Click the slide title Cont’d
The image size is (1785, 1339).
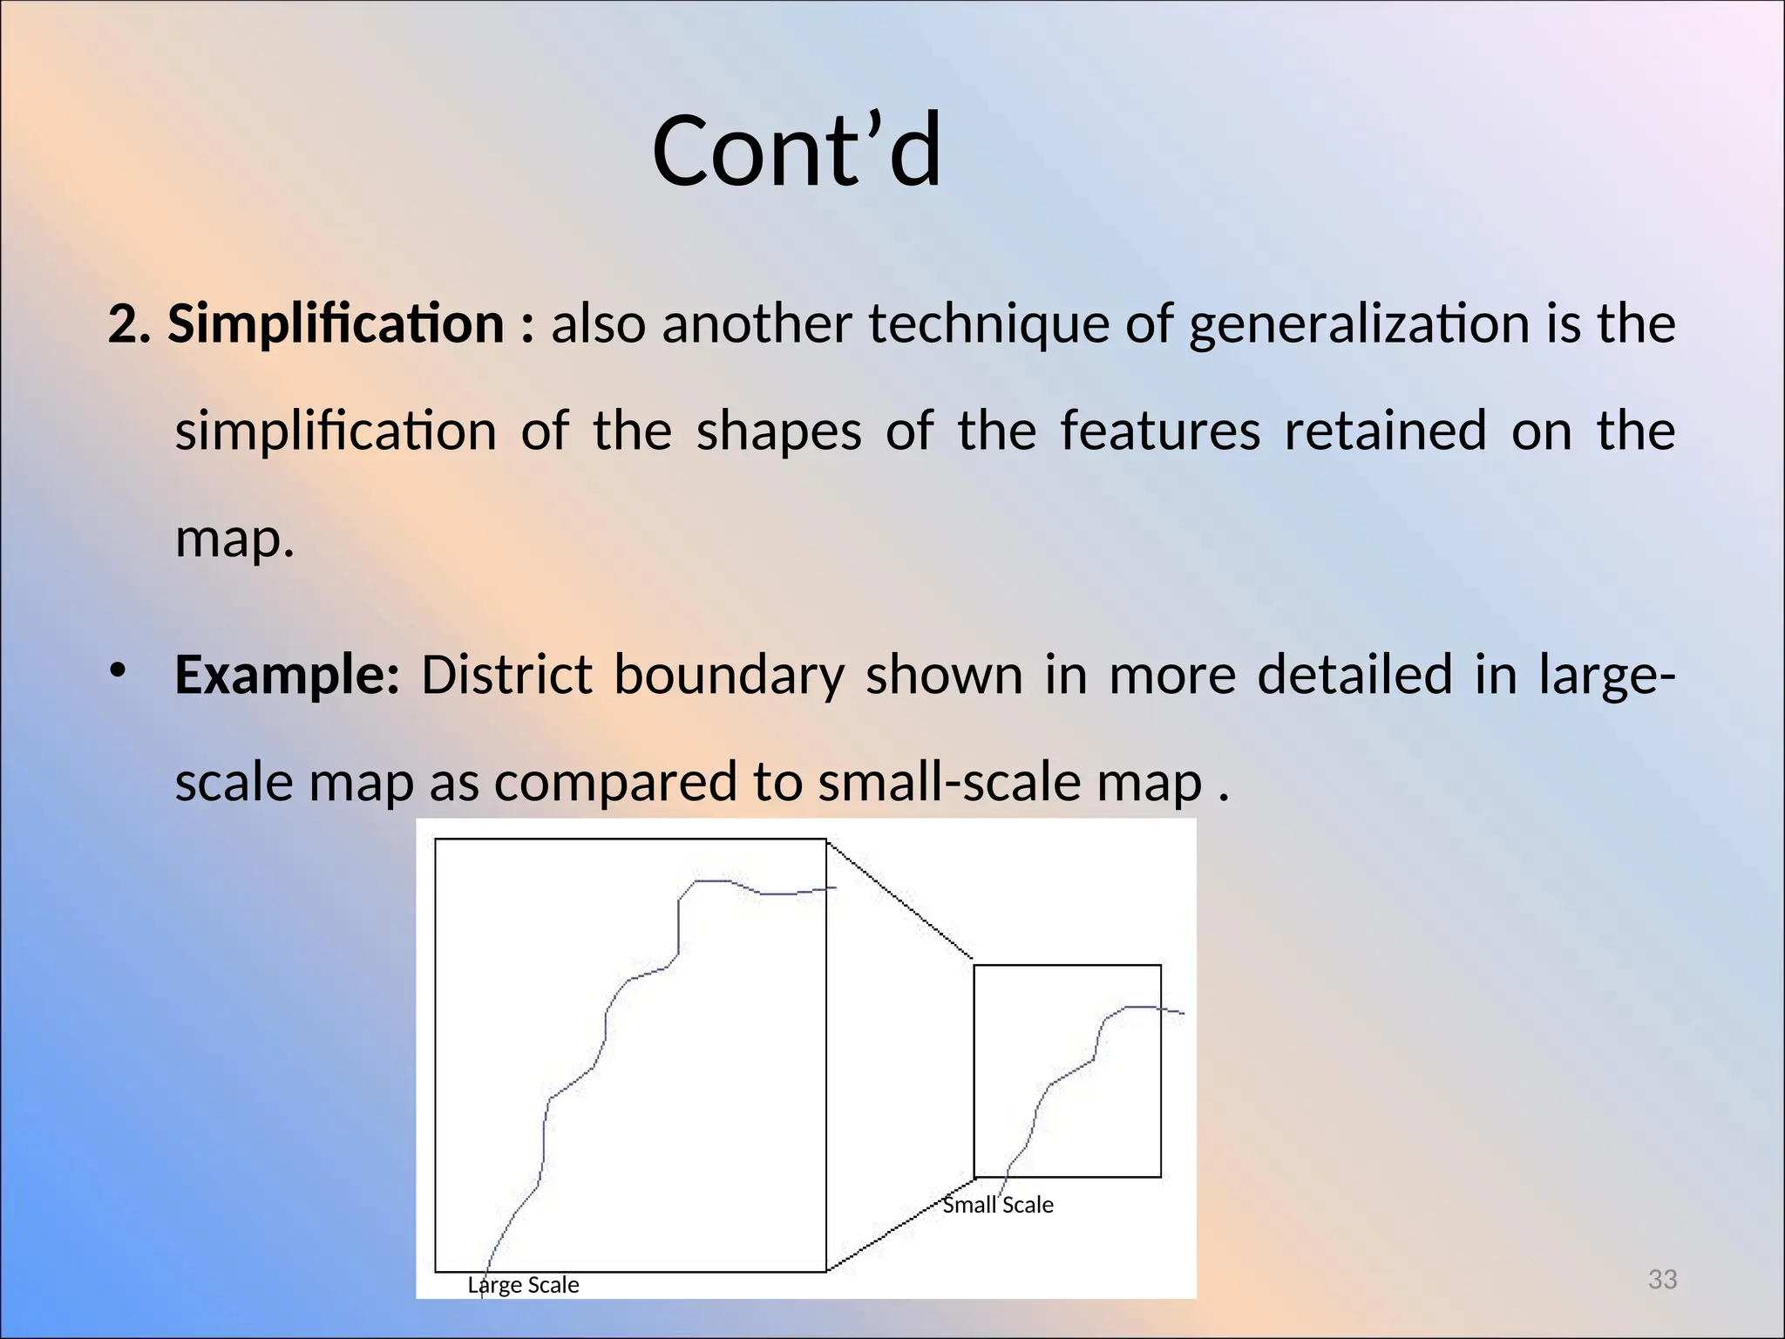(x=797, y=151)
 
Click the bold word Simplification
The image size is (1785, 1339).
(x=336, y=323)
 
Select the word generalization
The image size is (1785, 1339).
(x=1359, y=323)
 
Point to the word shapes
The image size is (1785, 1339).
(x=778, y=431)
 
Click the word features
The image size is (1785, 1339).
(x=1159, y=431)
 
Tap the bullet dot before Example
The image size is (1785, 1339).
(x=118, y=669)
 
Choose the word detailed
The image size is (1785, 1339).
(x=1354, y=675)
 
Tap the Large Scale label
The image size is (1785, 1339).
(x=523, y=1285)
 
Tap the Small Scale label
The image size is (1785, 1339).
(x=998, y=1205)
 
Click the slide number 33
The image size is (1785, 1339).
(x=1662, y=1280)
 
